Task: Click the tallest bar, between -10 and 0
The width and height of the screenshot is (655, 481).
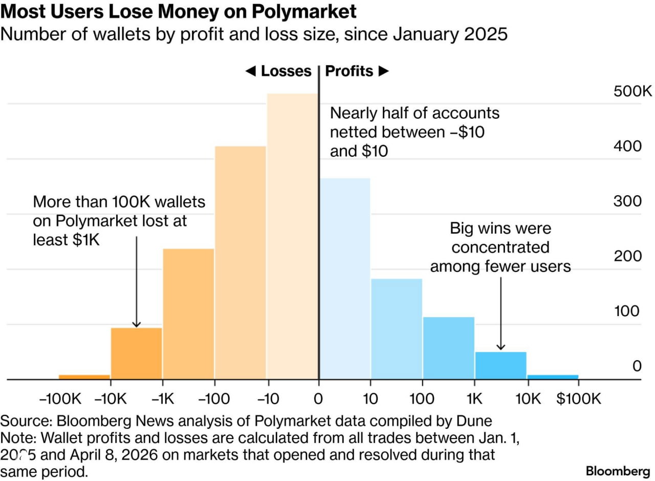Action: pos(292,236)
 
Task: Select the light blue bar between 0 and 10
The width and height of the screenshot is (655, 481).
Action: pos(344,279)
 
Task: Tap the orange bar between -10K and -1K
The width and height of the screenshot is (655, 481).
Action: pos(136,353)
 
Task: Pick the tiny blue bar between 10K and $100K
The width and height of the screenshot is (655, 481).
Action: pos(553,377)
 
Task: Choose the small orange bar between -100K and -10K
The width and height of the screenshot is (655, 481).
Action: pos(84,377)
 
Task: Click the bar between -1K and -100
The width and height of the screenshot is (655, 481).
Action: pos(188,313)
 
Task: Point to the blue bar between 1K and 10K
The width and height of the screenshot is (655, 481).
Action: pos(500,366)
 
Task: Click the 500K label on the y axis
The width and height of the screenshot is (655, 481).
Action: pos(632,92)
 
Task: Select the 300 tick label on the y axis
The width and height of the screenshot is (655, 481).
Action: pos(627,201)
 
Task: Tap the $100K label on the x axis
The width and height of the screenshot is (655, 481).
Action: pos(579,399)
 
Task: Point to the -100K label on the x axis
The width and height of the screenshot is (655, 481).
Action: pos(60,399)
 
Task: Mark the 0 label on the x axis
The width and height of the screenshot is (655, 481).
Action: pos(318,399)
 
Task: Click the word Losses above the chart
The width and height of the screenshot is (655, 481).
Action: pos(286,71)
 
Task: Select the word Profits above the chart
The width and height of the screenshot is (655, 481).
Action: pos(349,71)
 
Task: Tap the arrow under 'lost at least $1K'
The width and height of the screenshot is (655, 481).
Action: pos(136,282)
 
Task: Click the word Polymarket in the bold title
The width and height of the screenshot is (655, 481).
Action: pos(300,11)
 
